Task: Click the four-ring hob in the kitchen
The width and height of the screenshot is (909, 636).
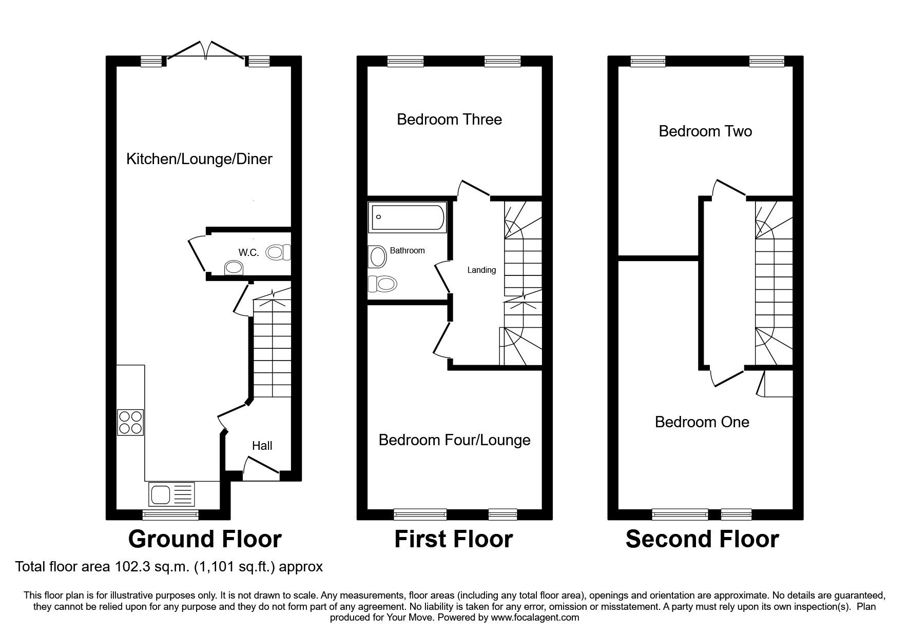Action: coord(130,422)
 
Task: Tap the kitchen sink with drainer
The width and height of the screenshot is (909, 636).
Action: coord(171,494)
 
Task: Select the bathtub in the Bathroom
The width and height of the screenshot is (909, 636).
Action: coord(407,217)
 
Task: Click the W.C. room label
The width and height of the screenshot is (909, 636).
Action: coord(248,252)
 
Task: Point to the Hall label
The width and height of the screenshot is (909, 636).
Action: coord(262,446)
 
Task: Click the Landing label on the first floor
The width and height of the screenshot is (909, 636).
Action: coord(481,270)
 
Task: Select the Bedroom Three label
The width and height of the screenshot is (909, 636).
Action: coord(449,120)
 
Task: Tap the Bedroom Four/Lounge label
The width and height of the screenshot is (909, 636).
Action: coord(454,440)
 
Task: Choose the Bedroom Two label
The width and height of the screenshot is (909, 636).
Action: coord(705,131)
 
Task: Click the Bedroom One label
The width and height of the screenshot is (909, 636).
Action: coord(702,422)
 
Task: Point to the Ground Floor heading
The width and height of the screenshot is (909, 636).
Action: coord(204,539)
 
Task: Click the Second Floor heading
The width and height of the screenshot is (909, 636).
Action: coord(702,539)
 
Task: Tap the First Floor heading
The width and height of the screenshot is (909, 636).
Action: coord(453,539)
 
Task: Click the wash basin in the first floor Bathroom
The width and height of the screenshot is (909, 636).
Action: coord(377,256)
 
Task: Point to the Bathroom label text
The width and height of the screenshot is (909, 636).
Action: coord(407,250)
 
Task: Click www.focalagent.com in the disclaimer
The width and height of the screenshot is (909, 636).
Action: coord(535,618)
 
